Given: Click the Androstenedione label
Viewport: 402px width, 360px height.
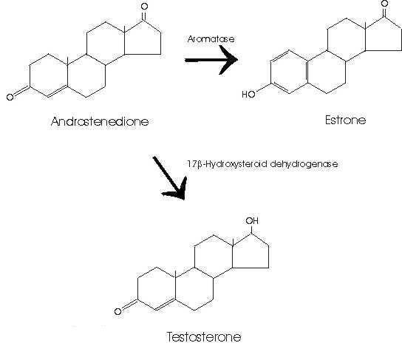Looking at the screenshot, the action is tap(100, 121).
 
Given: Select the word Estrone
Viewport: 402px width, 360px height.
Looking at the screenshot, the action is tap(345, 120).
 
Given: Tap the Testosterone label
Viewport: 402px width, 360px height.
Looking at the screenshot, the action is tap(204, 336).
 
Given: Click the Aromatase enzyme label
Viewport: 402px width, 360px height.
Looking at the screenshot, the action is tap(211, 39).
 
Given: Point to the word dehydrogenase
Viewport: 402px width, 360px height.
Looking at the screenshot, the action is tap(304, 163).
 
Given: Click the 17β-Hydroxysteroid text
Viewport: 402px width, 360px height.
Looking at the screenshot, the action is tap(227, 164).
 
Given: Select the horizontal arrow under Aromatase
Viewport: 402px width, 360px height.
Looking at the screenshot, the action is tap(211, 60).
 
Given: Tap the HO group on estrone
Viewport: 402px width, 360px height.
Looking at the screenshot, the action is tap(249, 95).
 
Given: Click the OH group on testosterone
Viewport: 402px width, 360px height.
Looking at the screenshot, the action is tap(252, 220).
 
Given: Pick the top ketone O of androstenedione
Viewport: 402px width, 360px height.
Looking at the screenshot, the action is tap(144, 7).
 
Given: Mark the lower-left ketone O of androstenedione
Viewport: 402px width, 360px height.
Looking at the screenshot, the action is tap(10, 97).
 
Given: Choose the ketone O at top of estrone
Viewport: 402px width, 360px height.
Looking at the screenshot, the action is tap(384, 4).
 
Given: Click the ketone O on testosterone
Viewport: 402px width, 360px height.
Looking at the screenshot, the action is tap(118, 311).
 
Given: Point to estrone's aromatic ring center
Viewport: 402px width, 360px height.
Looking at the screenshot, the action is tap(289, 72).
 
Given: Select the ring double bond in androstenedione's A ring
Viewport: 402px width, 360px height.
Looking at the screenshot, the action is tap(58, 92).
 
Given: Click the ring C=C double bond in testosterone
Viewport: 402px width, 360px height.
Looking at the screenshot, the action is tap(166, 305).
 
